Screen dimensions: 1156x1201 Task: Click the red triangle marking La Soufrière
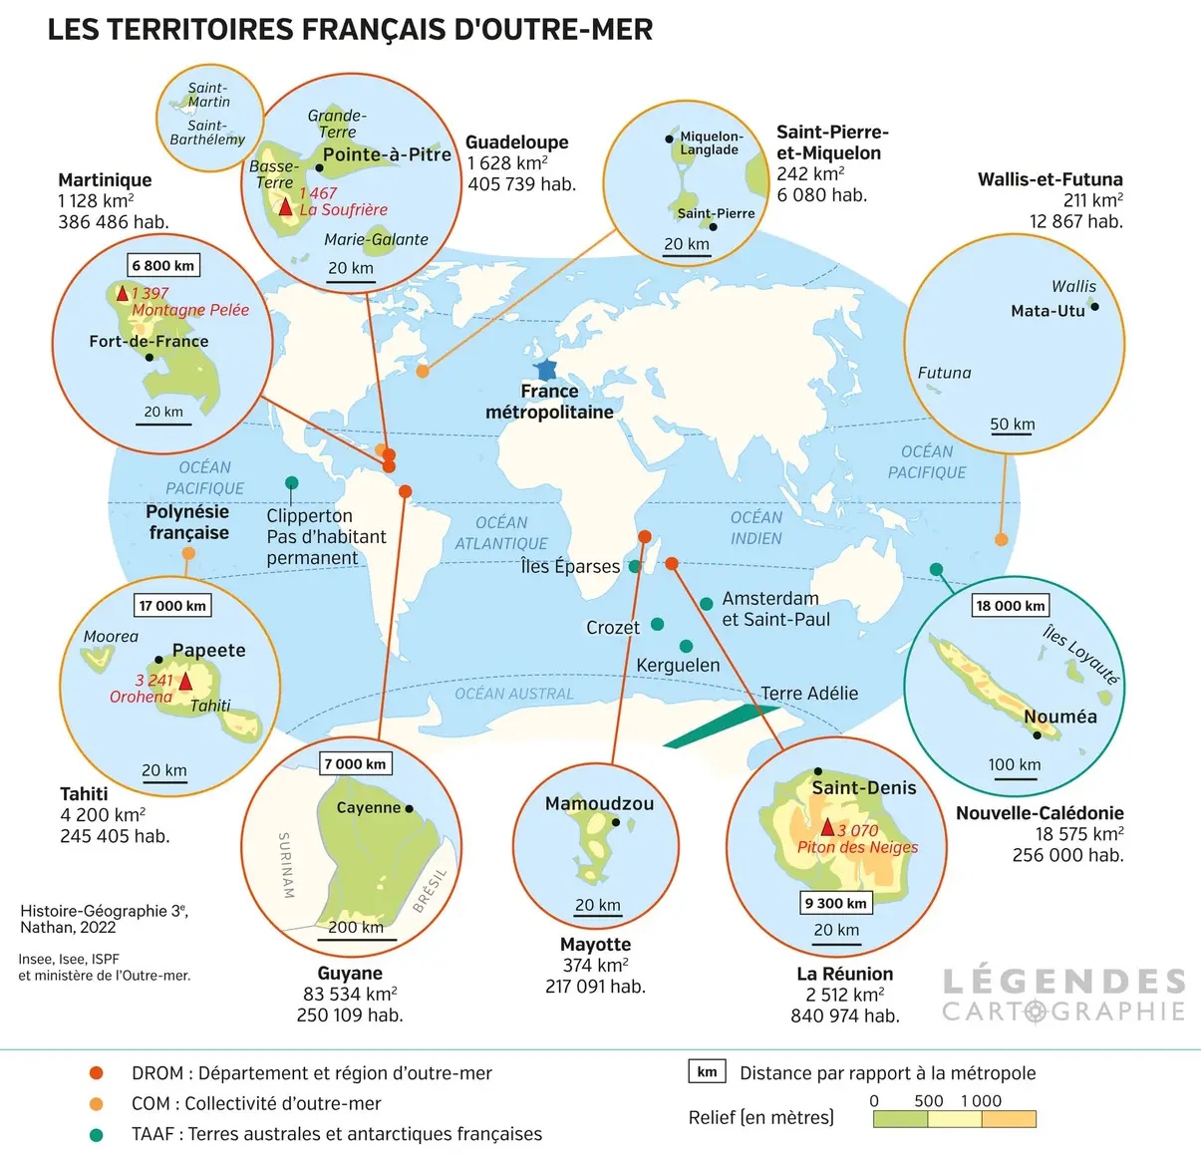click(x=286, y=207)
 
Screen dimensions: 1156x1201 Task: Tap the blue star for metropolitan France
click(x=545, y=370)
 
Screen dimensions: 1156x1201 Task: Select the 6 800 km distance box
click(x=163, y=265)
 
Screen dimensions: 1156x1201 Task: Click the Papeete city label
click(x=208, y=650)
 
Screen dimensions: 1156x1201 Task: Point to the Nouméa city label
click(x=1059, y=717)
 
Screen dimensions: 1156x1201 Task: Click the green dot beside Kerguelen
click(x=686, y=647)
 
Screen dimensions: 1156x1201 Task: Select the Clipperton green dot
click(x=291, y=483)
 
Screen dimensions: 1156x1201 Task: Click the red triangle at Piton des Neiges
click(x=827, y=827)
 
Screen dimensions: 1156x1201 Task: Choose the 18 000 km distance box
click(x=1011, y=606)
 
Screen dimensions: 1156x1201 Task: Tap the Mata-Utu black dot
click(x=1094, y=307)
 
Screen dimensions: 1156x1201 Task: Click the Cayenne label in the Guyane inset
click(x=368, y=807)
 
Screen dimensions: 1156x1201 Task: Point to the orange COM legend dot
click(x=97, y=1103)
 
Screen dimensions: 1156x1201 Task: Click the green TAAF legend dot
click(x=97, y=1134)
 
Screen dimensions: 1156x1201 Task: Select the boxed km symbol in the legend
click(x=707, y=1072)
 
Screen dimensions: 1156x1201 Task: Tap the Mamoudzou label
click(x=599, y=803)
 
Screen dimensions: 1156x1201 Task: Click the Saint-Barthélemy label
click(x=207, y=133)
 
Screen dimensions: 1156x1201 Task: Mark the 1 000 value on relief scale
click(x=981, y=1101)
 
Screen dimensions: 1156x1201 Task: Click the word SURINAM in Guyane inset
click(x=285, y=865)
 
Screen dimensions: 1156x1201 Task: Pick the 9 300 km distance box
click(x=836, y=903)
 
